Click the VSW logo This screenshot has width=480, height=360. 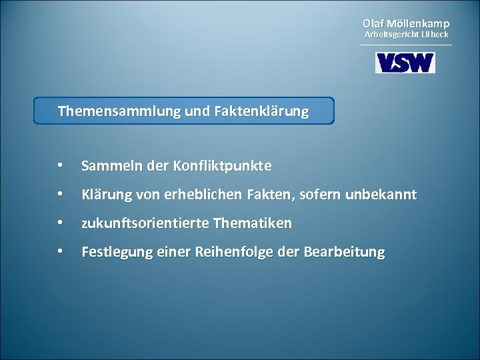click(405, 63)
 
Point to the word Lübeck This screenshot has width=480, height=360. click(435, 34)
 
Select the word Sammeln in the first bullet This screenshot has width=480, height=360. click(107, 165)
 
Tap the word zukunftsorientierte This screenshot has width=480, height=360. click(145, 223)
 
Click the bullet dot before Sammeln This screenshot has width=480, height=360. click(60, 165)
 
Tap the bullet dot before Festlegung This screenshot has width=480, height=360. click(60, 252)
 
